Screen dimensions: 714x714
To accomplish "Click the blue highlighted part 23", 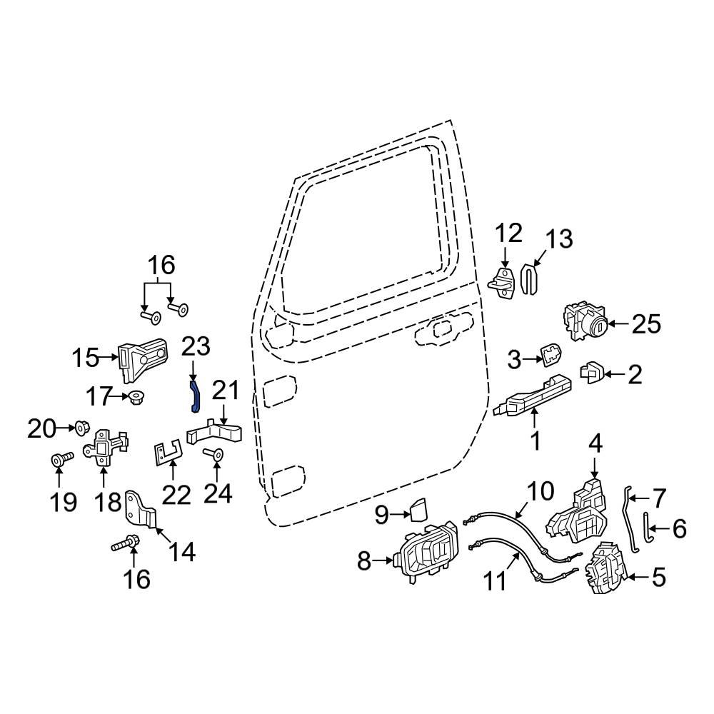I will [x=194, y=396].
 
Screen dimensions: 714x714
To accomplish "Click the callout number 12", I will [x=509, y=233].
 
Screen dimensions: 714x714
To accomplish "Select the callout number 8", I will [x=364, y=562].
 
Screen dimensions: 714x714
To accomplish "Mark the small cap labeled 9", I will [x=418, y=511].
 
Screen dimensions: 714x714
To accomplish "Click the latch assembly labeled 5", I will [x=605, y=569].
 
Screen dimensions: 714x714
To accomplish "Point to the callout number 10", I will [x=540, y=491].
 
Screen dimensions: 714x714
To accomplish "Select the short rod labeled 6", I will [x=646, y=527].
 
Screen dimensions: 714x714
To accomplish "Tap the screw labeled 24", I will [x=213, y=454].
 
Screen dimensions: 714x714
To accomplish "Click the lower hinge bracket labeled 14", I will [x=141, y=513].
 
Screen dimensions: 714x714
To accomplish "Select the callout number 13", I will [x=559, y=238].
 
